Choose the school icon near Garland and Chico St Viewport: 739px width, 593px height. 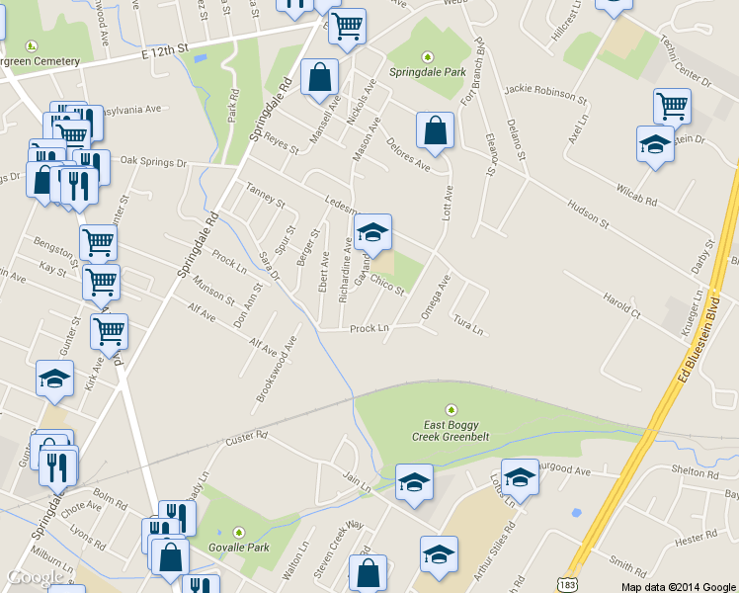point(372,232)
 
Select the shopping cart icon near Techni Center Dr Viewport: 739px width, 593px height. point(672,105)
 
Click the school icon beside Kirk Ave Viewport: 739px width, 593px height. point(55,378)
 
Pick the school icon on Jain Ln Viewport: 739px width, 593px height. point(414,482)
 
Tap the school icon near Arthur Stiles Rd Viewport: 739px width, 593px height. point(439,554)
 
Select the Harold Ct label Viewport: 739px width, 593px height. point(621,305)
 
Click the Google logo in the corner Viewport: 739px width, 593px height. point(36,577)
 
